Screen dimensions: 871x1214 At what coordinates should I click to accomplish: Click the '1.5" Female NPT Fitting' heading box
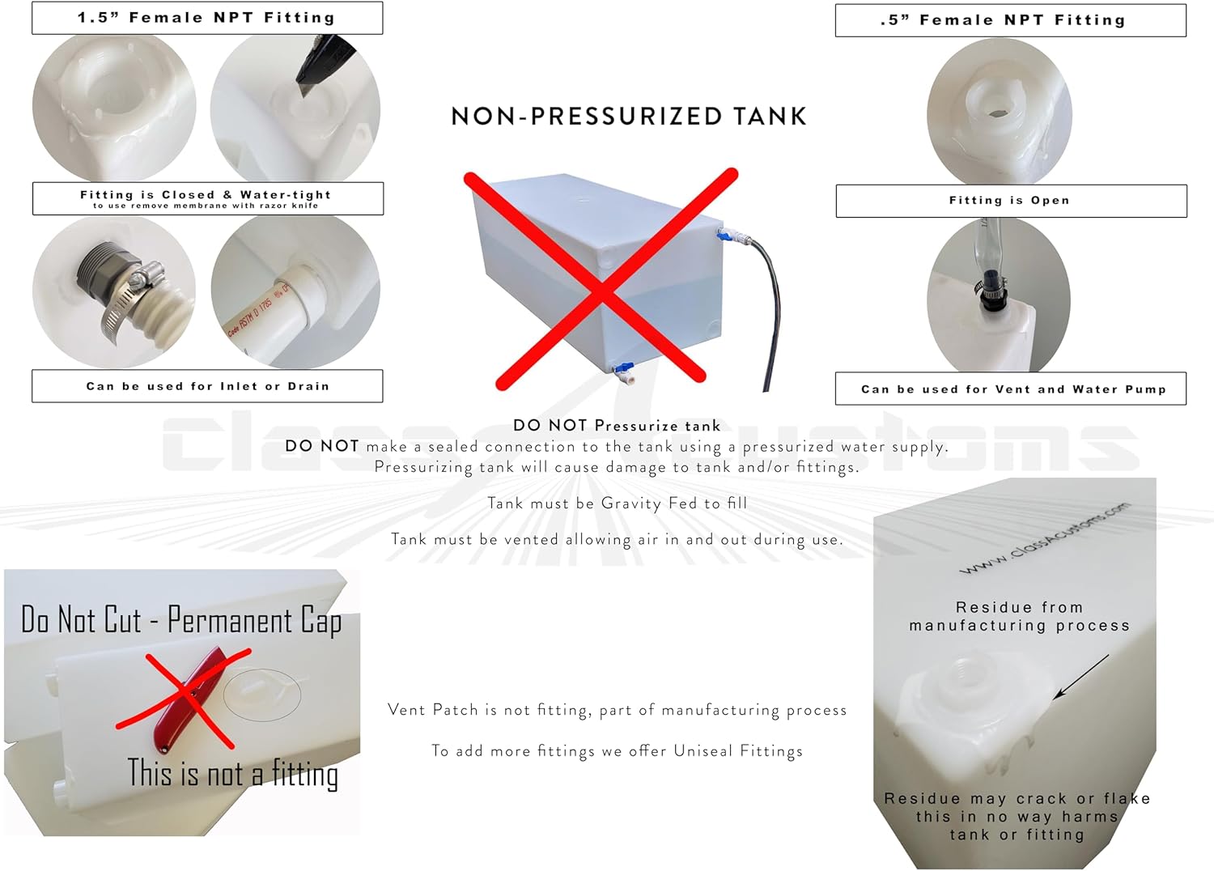tap(206, 18)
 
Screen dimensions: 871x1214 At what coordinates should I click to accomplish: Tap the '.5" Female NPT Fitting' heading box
tap(1010, 20)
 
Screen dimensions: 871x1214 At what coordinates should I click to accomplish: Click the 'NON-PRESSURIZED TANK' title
tap(629, 117)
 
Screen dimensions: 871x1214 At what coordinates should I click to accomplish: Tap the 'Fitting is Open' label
tap(1010, 201)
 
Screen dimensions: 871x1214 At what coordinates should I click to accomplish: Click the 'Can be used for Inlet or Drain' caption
tap(207, 386)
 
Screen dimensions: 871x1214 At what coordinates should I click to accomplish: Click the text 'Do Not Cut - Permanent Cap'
tap(180, 621)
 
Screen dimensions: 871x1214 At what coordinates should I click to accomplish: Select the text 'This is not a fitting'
tap(232, 774)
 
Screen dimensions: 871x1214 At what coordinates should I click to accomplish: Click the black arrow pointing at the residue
tap(1081, 677)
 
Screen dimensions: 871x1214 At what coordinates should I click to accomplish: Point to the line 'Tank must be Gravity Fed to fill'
tap(617, 503)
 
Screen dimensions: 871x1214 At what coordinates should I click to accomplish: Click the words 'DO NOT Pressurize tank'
tap(616, 426)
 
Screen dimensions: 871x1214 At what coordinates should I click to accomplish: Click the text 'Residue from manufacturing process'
tap(1018, 616)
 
